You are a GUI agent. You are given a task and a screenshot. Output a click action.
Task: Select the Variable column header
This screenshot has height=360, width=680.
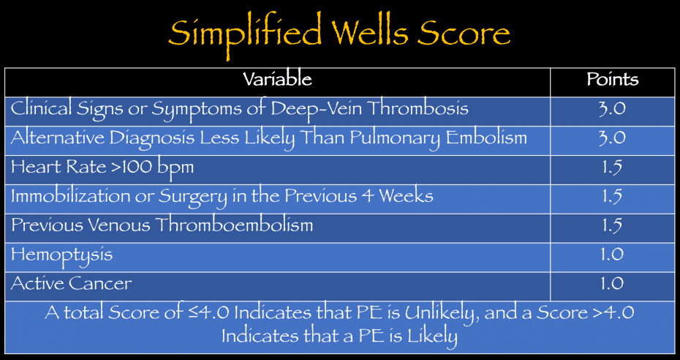pos(277,80)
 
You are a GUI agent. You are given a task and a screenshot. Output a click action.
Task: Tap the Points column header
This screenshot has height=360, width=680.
pos(612,80)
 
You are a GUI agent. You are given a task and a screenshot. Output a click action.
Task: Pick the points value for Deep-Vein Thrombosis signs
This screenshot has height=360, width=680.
pos(612,109)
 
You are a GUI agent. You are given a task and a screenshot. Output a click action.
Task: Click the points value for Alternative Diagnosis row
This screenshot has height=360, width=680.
pos(612,138)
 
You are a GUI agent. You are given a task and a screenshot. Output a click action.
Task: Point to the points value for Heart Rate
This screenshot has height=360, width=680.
pos(612,167)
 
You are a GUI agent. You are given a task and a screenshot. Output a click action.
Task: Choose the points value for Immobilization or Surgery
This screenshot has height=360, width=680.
pos(612,196)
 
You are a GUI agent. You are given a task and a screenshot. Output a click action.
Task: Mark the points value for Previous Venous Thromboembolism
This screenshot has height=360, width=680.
pos(612,225)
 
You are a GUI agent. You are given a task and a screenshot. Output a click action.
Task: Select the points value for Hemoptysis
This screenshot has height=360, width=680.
pos(612,255)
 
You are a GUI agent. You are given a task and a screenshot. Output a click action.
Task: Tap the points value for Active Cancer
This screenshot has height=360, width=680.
pos(612,283)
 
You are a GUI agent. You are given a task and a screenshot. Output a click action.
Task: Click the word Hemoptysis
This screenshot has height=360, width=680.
pos(61,255)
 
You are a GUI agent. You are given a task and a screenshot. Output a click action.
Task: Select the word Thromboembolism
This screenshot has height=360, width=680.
pos(232,225)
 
